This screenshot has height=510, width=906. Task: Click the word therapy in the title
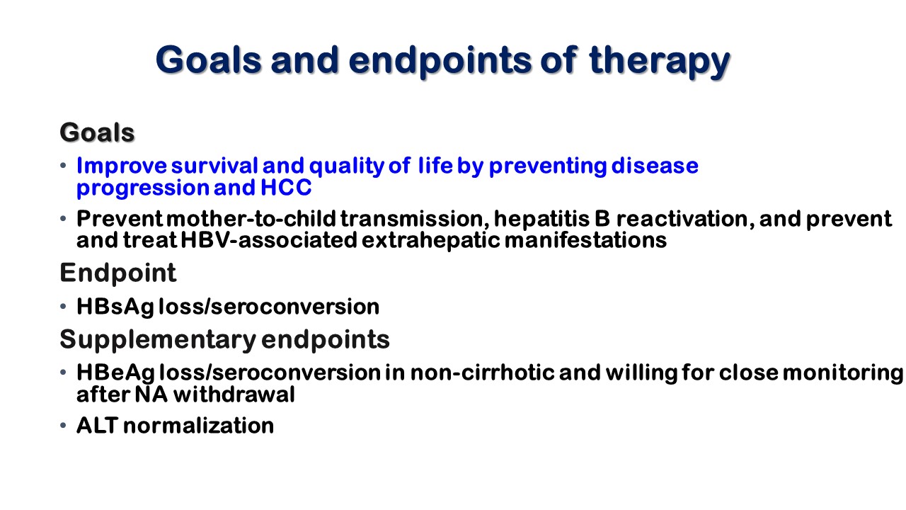click(x=659, y=61)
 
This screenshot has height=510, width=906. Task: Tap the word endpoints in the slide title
click(x=440, y=61)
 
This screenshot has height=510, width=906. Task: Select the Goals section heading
click(x=97, y=132)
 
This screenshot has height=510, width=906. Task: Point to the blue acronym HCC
click(x=286, y=188)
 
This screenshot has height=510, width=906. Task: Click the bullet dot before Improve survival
click(x=63, y=165)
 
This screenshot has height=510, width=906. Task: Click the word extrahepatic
click(x=431, y=240)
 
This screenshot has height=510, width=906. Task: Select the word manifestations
click(x=585, y=240)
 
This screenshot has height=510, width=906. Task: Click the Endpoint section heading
click(x=118, y=273)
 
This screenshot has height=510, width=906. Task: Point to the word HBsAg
click(x=115, y=307)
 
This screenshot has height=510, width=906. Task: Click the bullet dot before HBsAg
click(x=63, y=307)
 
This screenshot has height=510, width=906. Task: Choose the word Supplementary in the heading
click(x=158, y=340)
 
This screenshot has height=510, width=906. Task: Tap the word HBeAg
click(x=115, y=373)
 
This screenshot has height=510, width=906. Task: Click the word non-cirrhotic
click(x=482, y=373)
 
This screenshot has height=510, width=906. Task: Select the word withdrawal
click(x=234, y=395)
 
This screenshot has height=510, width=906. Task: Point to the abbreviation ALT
click(x=98, y=426)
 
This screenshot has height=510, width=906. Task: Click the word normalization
click(x=199, y=426)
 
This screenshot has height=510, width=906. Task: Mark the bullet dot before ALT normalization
click(x=63, y=426)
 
